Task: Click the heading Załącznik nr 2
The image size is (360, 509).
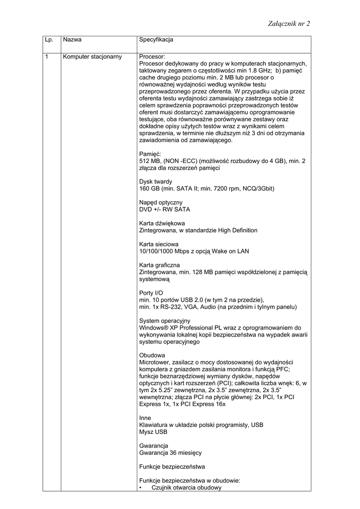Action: pyautogui.click(x=288, y=23)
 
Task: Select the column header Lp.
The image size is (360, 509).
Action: pyautogui.click(x=49, y=39)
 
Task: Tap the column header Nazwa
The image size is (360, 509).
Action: pyautogui.click(x=73, y=39)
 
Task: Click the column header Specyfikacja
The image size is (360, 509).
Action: pyautogui.click(x=156, y=39)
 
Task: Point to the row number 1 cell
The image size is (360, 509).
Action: pyautogui.click(x=47, y=57)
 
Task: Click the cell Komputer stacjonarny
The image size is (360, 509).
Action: pyautogui.click(x=92, y=57)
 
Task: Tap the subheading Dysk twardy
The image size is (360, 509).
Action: pyautogui.click(x=156, y=182)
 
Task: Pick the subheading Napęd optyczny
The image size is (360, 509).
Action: pyautogui.click(x=161, y=202)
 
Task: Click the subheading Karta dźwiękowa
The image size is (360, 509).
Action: pyautogui.click(x=162, y=223)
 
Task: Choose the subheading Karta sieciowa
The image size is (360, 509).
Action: pyautogui.click(x=159, y=244)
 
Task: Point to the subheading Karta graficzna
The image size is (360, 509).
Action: pyautogui.click(x=160, y=265)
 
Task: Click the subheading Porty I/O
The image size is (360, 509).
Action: pyautogui.click(x=151, y=293)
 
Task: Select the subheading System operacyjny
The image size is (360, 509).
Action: pyautogui.click(x=165, y=321)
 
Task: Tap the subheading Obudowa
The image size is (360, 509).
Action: pyautogui.click(x=152, y=355)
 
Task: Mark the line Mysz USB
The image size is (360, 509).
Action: pyautogui.click(x=153, y=432)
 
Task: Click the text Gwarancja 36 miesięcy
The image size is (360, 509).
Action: pyautogui.click(x=171, y=453)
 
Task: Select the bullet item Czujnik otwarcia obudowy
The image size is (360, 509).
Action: pyautogui.click(x=186, y=488)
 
